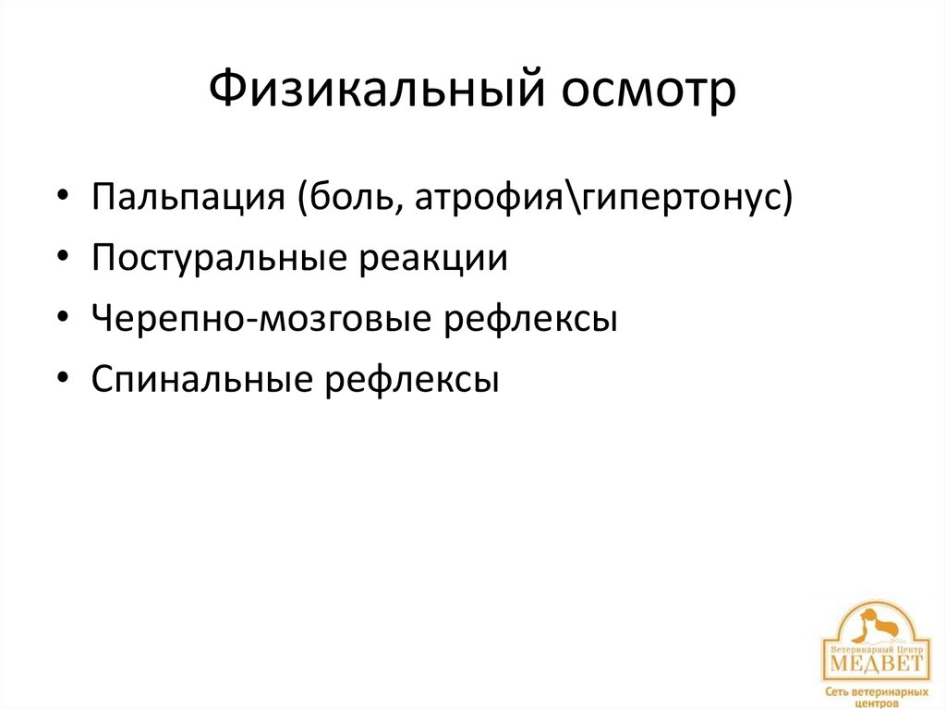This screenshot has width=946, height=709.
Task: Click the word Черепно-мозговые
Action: tap(262, 318)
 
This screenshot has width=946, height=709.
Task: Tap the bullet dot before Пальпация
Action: tap(62, 199)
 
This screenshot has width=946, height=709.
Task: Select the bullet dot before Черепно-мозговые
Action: tap(62, 319)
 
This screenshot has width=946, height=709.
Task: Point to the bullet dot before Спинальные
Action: tap(62, 379)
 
